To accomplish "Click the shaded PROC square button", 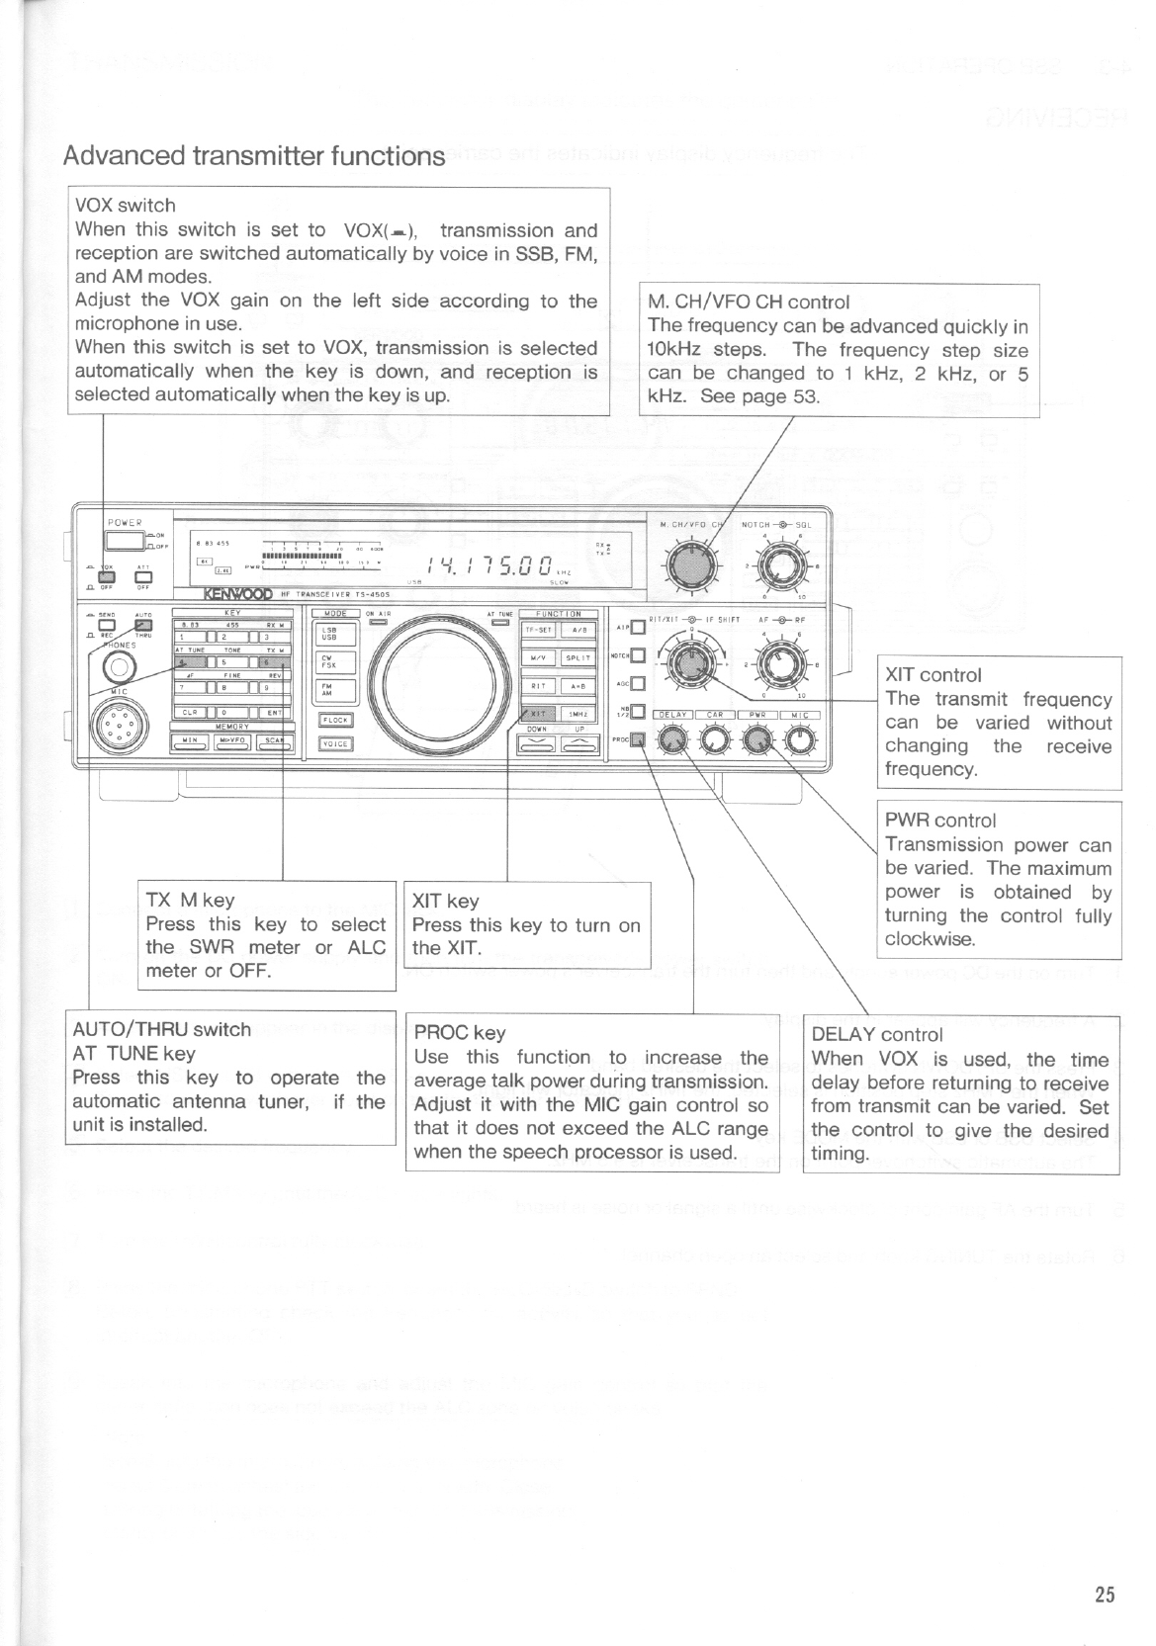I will (638, 737).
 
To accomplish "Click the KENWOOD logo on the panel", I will (237, 594).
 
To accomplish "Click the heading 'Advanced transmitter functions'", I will (253, 156).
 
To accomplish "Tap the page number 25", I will (1105, 1594).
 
